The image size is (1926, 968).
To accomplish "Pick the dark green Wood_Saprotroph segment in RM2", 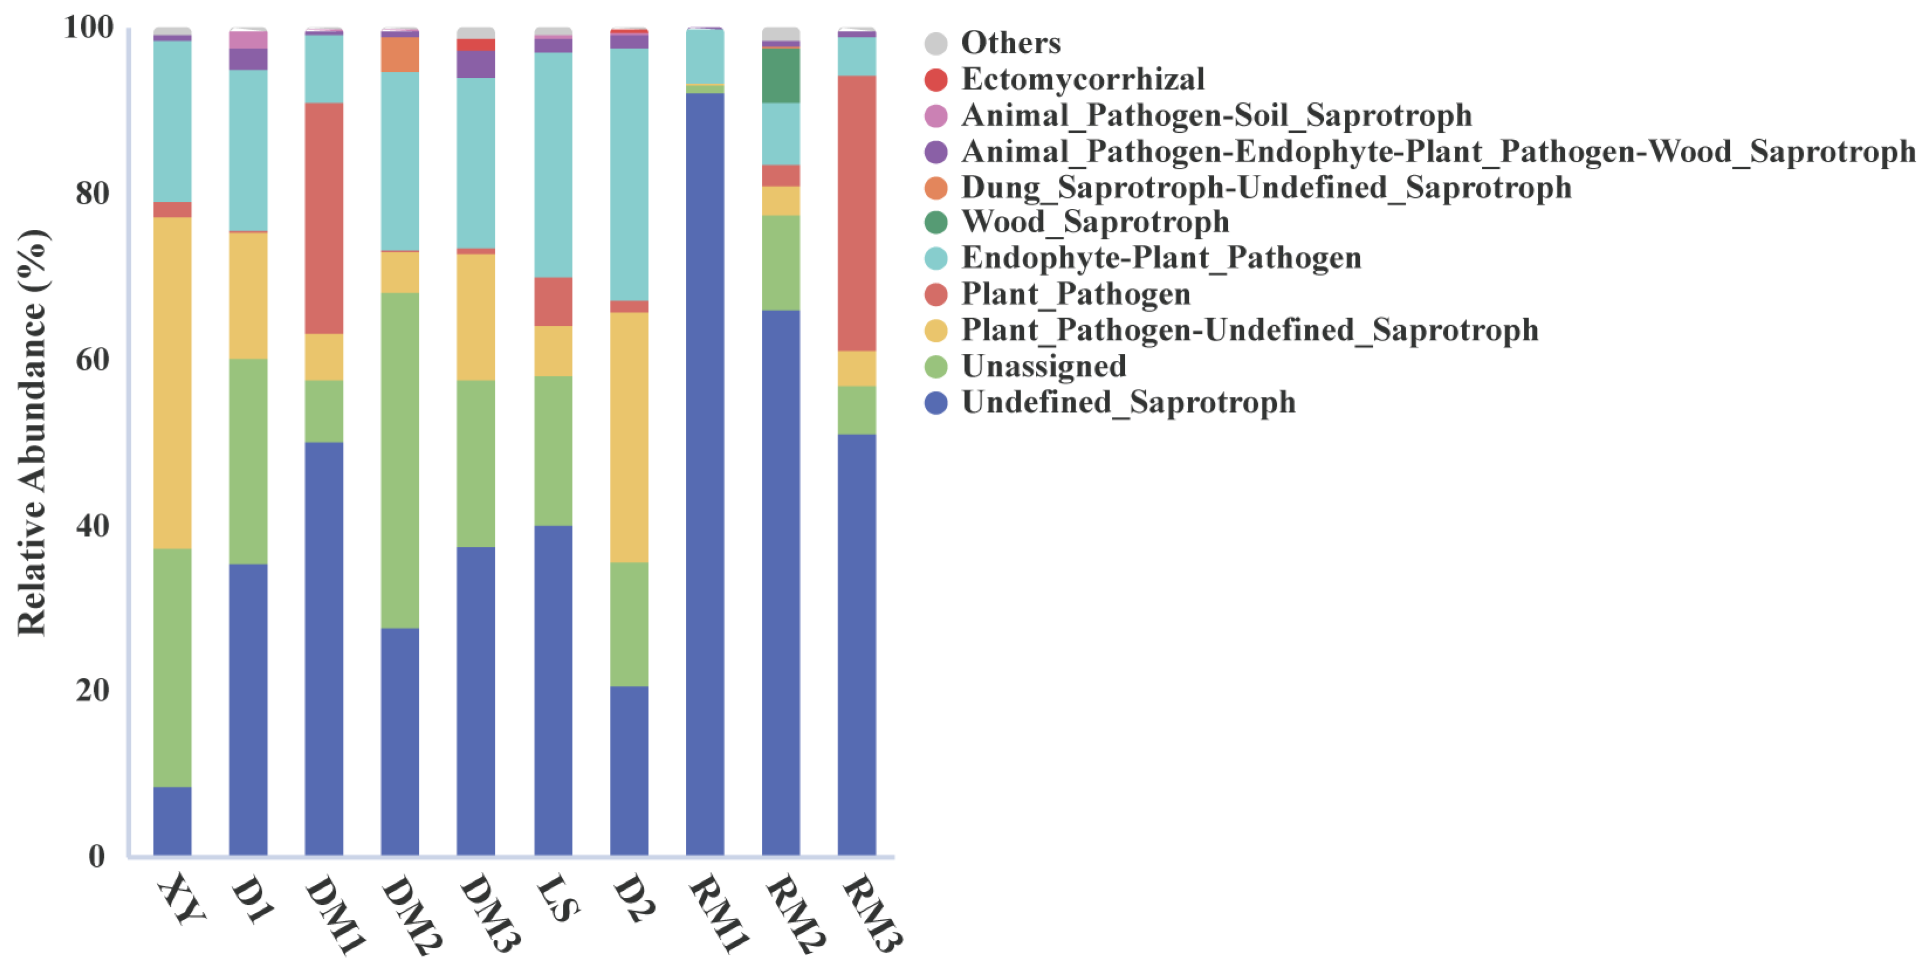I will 781,75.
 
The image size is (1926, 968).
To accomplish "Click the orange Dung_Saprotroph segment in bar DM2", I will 400,54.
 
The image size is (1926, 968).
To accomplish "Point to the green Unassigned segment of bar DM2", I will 400,460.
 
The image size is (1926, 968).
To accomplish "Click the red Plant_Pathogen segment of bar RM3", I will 856,213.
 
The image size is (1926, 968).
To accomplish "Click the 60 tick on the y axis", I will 91,360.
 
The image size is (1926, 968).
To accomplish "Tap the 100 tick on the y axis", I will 88,27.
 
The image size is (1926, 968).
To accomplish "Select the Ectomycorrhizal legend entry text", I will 1082,79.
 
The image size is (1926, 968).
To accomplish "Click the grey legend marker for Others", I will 935,43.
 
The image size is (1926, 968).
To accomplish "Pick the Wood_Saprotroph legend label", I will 1094,222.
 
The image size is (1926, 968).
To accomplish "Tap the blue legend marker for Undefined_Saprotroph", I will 935,403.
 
